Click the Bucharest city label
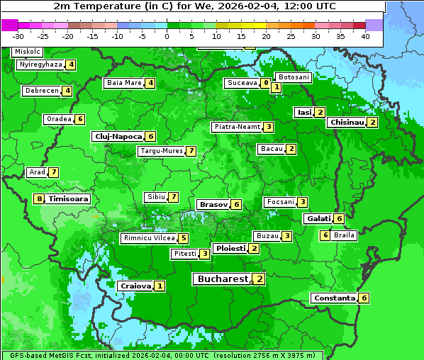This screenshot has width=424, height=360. [222, 279]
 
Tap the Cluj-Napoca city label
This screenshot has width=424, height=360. [117, 136]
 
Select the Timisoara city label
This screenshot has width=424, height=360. [69, 199]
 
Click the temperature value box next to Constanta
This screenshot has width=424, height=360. [364, 298]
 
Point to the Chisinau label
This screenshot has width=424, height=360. [346, 123]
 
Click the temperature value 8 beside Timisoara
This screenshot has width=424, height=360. [39, 199]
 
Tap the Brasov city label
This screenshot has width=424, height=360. [213, 204]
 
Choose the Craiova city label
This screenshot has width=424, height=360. [135, 286]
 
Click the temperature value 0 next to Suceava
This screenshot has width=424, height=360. [265, 84]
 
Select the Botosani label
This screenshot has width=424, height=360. [293, 77]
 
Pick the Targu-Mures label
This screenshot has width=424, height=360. [161, 151]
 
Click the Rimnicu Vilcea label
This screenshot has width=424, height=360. [148, 238]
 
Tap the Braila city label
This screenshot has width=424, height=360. [344, 235]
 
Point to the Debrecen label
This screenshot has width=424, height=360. [41, 91]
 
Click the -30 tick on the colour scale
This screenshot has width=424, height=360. [18, 35]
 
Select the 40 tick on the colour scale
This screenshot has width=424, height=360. [365, 35]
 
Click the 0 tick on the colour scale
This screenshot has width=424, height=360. [167, 35]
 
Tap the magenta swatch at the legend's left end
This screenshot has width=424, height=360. [9, 24]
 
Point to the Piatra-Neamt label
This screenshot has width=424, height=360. [238, 127]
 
